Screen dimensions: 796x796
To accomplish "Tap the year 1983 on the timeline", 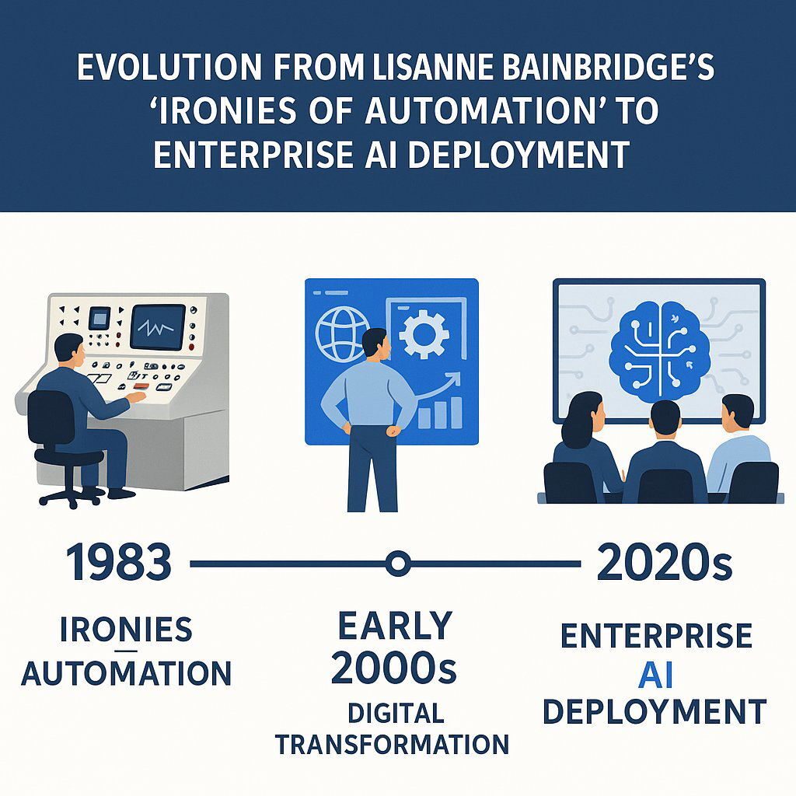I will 118,563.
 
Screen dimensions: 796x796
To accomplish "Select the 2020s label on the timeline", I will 665,563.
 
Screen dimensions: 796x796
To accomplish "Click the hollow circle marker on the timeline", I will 397,563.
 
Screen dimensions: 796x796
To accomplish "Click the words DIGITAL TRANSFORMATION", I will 393,728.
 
